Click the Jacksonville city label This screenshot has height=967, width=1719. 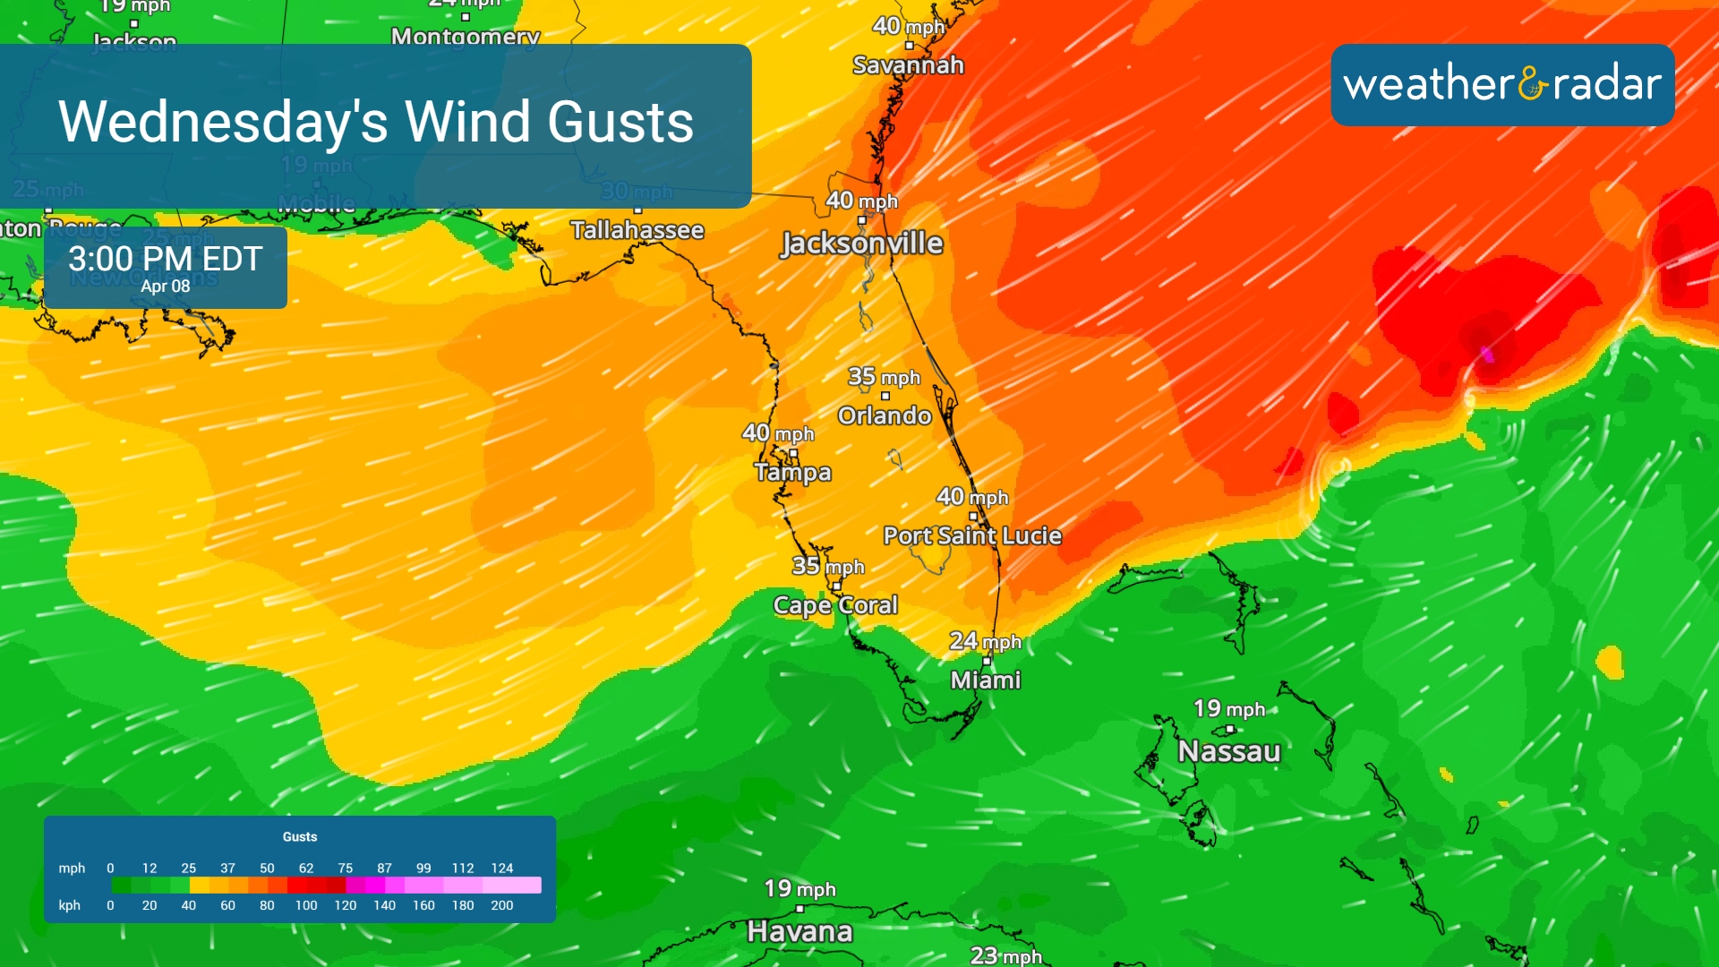(x=861, y=244)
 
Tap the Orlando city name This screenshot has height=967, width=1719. (x=885, y=415)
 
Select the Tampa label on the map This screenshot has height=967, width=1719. (x=792, y=472)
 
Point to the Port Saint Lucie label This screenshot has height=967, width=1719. (x=972, y=535)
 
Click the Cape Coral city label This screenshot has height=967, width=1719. (x=835, y=605)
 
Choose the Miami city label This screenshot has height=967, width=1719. (x=985, y=680)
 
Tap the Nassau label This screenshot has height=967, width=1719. (x=1228, y=751)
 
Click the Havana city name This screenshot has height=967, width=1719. (x=800, y=931)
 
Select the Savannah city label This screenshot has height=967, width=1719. (x=908, y=65)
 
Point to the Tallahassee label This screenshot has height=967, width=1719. (x=637, y=230)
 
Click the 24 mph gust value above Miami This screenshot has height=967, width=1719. (x=985, y=641)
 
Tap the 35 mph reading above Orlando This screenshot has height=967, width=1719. (x=884, y=377)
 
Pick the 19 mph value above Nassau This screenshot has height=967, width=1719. (x=1228, y=709)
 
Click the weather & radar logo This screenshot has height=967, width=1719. (x=1502, y=84)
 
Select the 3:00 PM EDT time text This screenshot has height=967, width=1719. (x=166, y=259)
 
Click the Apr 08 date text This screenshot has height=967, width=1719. (x=166, y=287)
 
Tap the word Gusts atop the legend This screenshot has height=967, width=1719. (x=300, y=836)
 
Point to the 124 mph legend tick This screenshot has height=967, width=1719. (x=502, y=868)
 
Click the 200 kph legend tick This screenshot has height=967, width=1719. (x=502, y=905)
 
